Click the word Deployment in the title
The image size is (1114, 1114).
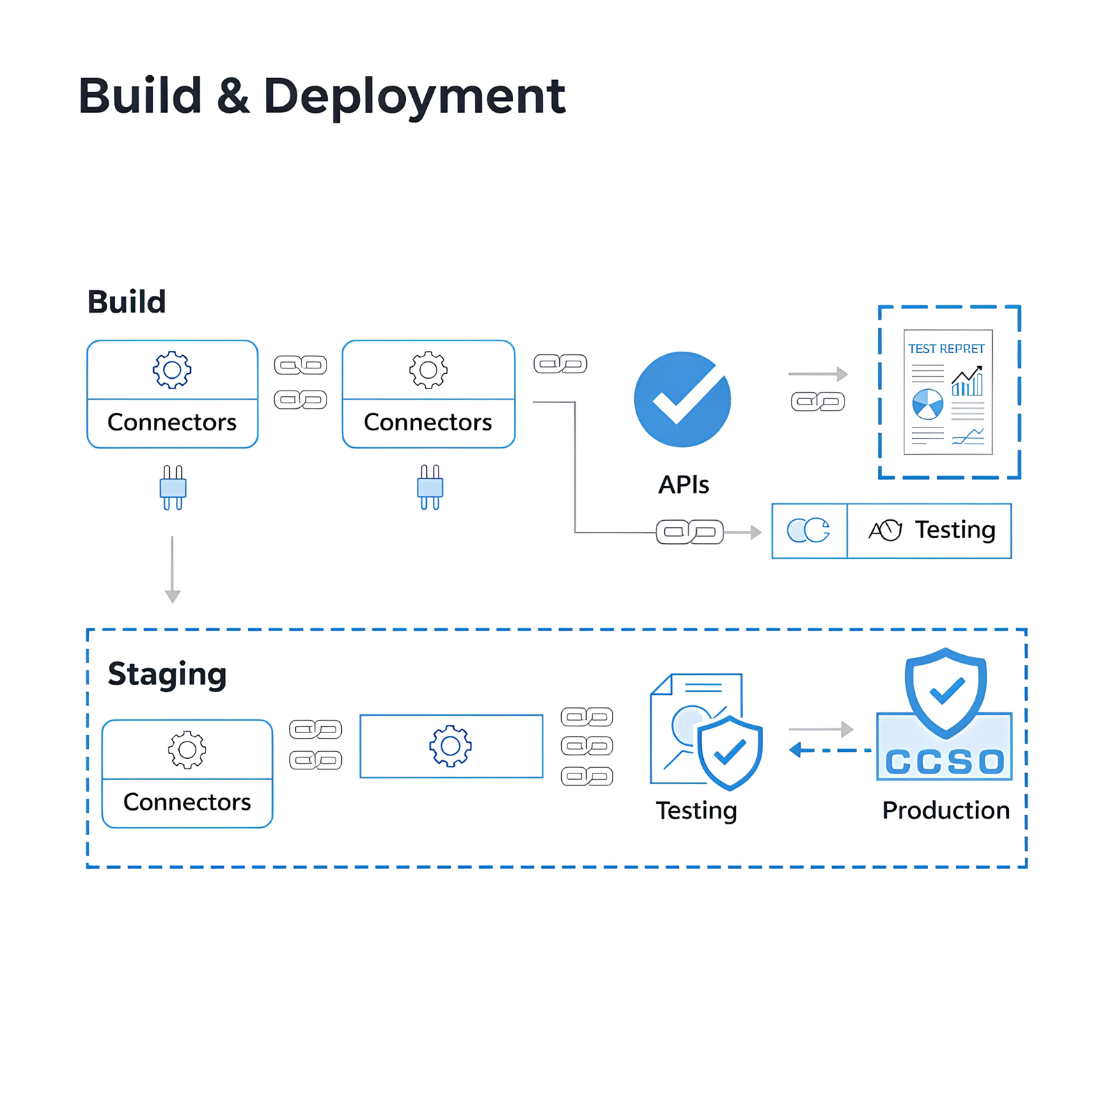tap(414, 96)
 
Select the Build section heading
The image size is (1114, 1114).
tap(127, 302)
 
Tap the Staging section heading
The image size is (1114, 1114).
tap(167, 674)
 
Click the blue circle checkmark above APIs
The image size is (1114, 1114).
tap(682, 399)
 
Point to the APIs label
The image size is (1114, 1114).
tap(684, 485)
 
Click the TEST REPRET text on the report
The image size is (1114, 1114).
tap(946, 349)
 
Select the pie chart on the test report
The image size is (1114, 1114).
tap(927, 404)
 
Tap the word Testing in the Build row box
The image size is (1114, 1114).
tap(955, 530)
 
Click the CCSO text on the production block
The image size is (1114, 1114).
tap(945, 762)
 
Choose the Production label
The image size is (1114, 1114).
tap(946, 810)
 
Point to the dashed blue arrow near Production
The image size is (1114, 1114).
tap(829, 751)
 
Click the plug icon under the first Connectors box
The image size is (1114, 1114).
tap(173, 487)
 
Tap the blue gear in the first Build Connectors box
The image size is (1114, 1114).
tap(172, 370)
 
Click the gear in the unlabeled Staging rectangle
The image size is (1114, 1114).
tap(450, 746)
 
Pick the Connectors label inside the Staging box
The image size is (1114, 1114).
tap(187, 802)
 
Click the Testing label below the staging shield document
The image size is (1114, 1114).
tap(696, 810)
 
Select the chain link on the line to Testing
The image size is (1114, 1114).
tap(689, 532)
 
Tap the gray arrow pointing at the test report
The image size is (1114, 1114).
tap(817, 375)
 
